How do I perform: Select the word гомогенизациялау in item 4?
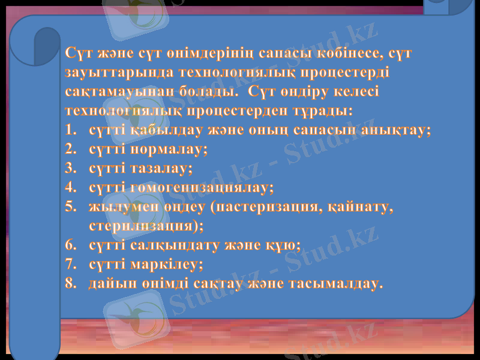coord(202,188)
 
